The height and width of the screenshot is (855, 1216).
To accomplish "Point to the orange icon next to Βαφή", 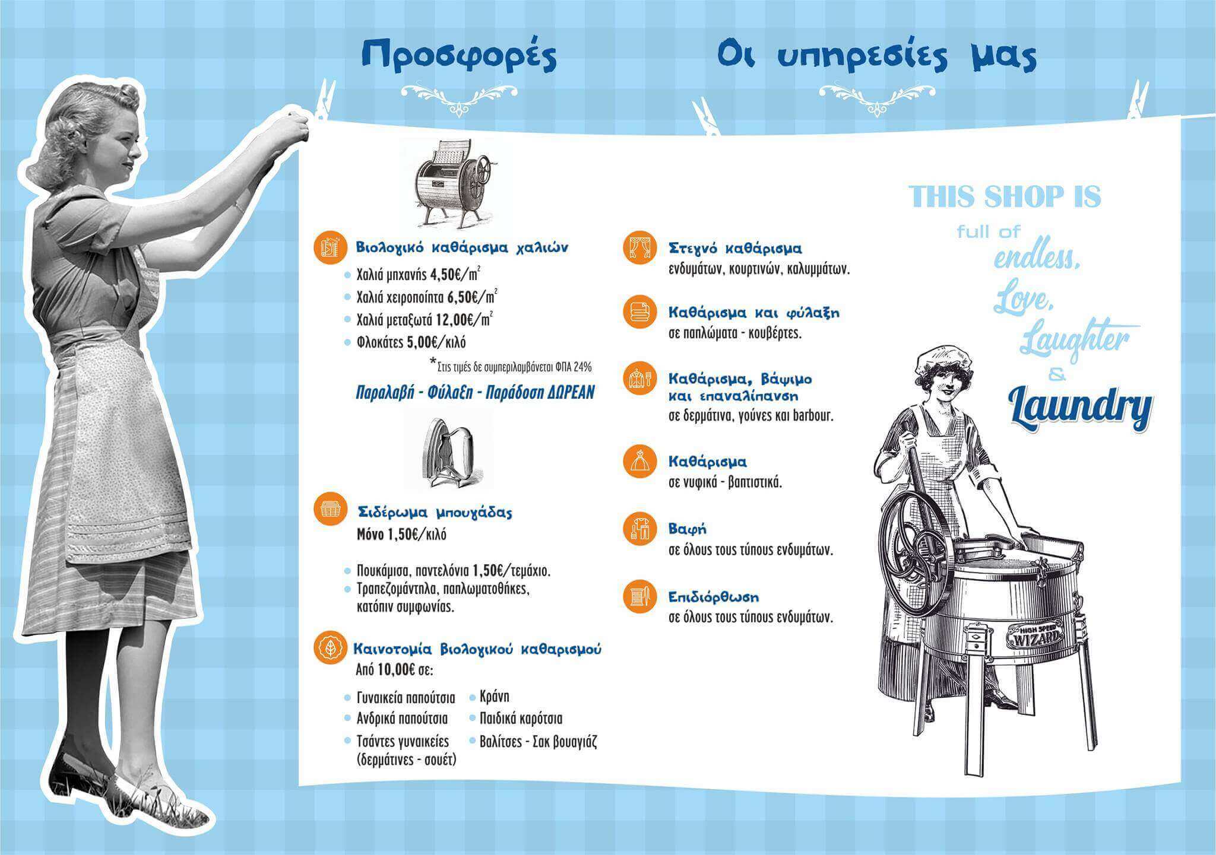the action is point(640,528).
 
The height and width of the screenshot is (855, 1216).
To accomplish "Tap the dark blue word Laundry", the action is point(1080,408).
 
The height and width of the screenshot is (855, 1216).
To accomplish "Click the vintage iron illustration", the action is point(448,452).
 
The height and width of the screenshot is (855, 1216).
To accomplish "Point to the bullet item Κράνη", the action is point(494,697).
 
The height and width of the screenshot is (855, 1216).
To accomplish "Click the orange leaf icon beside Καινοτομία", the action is point(330,647).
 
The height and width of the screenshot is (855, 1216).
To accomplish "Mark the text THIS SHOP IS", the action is point(1005,196).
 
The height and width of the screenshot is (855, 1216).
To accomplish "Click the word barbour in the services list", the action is point(813,415).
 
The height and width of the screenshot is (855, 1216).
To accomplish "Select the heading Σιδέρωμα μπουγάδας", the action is point(435,512).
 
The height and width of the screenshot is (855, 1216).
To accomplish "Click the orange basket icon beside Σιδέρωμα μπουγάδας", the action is point(330,508).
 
